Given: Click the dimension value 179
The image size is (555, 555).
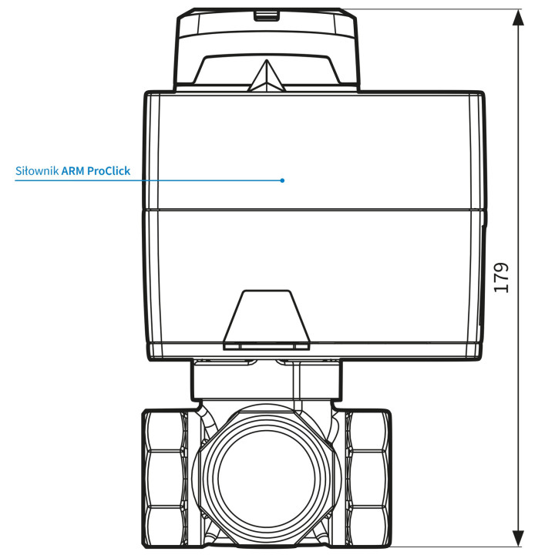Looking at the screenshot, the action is click(502, 277).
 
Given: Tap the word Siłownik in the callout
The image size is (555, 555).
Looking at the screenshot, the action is click(37, 171).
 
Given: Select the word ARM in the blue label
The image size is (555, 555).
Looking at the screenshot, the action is click(73, 171).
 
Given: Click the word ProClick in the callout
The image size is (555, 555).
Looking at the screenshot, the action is click(109, 171).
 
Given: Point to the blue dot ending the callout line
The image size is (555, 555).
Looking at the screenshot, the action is click(282, 180).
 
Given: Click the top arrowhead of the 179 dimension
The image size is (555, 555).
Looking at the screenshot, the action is click(518, 18).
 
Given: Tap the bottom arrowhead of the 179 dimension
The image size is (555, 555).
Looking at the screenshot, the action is click(518, 538).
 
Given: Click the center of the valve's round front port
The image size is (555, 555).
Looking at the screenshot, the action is click(266, 479).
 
